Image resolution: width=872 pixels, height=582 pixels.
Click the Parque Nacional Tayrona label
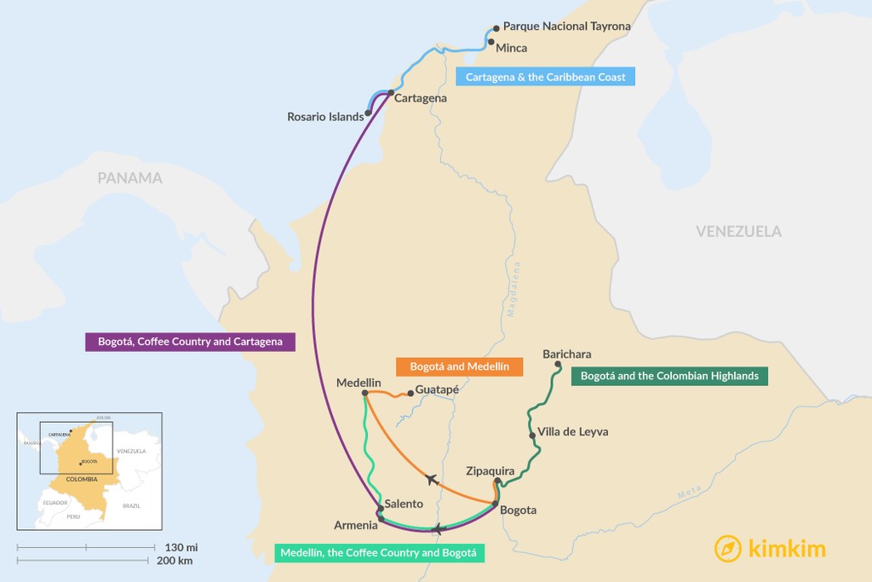click(x=566, y=26)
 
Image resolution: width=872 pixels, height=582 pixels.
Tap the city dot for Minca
click(x=491, y=41)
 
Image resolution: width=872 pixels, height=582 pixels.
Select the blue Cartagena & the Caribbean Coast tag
click(x=545, y=77)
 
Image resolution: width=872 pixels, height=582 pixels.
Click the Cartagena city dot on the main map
click(x=390, y=92)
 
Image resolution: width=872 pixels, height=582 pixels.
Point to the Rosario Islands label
click(x=325, y=117)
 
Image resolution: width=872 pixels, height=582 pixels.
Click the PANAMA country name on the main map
click(x=129, y=178)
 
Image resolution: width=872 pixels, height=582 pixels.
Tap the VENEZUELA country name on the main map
click(x=738, y=231)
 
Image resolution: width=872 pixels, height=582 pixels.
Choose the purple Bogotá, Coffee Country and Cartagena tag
click(x=190, y=342)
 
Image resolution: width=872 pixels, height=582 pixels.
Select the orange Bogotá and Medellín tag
click(x=459, y=366)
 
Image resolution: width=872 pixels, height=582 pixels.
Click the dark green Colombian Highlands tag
click(x=669, y=375)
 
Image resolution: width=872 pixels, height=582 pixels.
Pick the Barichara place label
click(x=566, y=354)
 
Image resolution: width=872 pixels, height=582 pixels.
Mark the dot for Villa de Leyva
click(x=533, y=436)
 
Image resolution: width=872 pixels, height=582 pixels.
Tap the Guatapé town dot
click(x=410, y=394)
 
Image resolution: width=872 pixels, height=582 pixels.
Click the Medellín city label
click(x=359, y=383)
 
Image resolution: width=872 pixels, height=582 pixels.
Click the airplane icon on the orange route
click(x=432, y=480)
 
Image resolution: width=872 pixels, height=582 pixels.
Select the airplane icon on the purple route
click(x=438, y=529)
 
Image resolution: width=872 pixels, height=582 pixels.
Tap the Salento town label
click(x=404, y=504)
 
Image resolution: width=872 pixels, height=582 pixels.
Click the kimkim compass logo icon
click(x=728, y=548)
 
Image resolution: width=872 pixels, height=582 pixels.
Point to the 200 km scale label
click(x=175, y=561)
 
